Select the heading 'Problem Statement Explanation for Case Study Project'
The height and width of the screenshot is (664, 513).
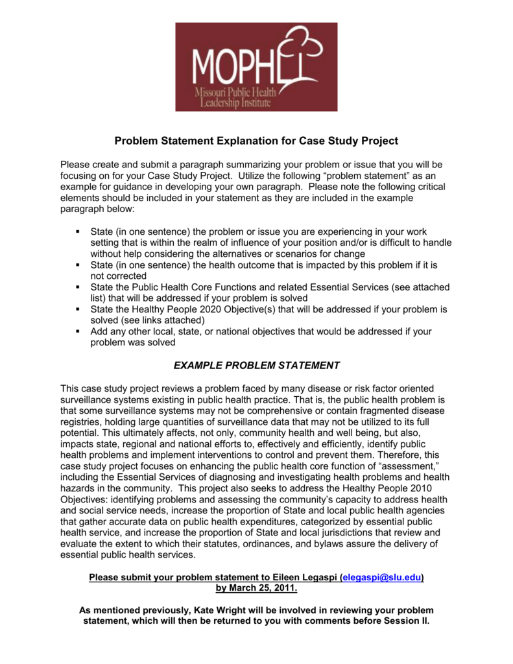(256, 141)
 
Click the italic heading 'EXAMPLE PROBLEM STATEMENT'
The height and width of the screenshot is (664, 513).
(256, 365)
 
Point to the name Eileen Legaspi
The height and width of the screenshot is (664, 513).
(305, 577)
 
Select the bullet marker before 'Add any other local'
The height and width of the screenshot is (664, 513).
(77, 331)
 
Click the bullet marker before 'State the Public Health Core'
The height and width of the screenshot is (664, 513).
(77, 287)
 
